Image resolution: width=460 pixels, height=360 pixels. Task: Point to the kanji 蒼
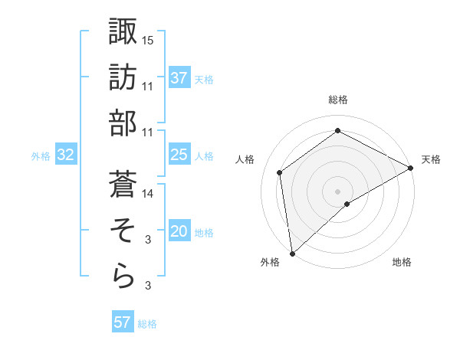(123, 185)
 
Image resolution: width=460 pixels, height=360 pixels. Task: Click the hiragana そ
(123, 231)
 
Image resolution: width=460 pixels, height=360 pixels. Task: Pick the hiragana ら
(123, 277)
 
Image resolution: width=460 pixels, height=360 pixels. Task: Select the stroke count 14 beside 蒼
(148, 194)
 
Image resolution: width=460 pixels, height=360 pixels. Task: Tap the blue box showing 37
(179, 78)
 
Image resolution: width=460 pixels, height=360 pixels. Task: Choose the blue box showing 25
(179, 155)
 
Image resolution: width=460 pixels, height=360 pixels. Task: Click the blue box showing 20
(179, 231)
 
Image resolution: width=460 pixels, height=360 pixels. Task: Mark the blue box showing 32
(65, 155)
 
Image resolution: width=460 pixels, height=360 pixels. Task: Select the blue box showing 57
(122, 322)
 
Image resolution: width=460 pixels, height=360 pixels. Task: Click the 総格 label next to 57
(147, 324)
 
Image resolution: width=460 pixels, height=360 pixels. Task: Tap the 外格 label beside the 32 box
(41, 155)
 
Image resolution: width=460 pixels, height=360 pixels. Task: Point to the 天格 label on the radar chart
(431, 159)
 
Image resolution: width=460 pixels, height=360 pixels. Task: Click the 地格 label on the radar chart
(402, 263)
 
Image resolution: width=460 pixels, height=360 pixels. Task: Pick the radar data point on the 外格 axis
(292, 253)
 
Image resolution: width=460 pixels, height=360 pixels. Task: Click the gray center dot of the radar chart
(337, 190)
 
